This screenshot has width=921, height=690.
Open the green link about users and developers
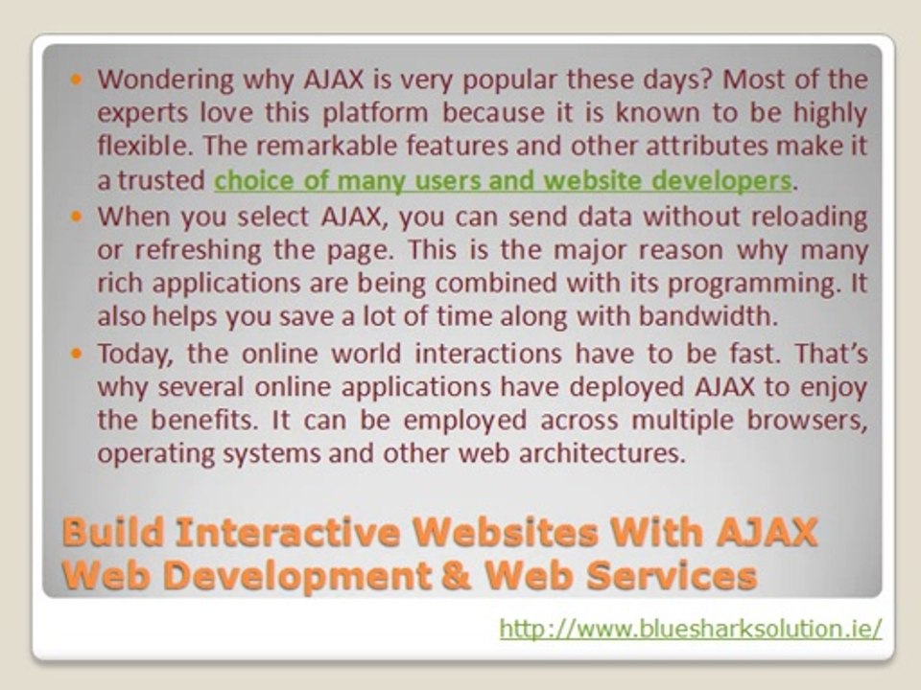(503, 180)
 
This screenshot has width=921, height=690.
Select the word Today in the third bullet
(135, 354)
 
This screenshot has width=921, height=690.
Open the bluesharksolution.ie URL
(691, 630)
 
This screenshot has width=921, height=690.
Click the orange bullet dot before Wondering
(79, 80)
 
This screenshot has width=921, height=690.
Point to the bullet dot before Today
(79, 353)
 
